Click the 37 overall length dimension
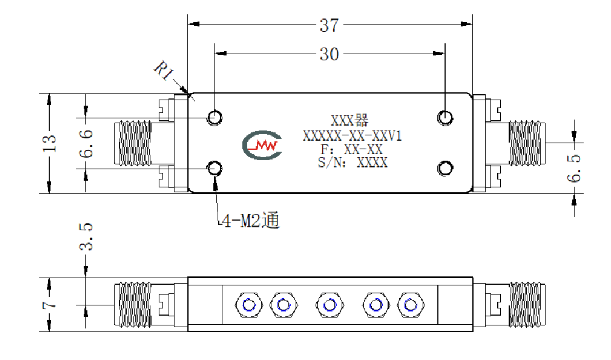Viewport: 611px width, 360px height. coord(329,26)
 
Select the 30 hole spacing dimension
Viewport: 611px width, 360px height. coord(329,55)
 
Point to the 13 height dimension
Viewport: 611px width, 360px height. coord(50,143)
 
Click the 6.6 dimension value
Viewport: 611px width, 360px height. coord(86,143)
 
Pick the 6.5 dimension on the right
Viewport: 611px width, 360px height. coord(574,168)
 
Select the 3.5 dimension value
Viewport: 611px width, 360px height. coord(86,237)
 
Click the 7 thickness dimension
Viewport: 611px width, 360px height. coord(50,304)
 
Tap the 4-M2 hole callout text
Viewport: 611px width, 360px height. coord(251,221)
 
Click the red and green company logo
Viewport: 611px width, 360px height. coord(262,145)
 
